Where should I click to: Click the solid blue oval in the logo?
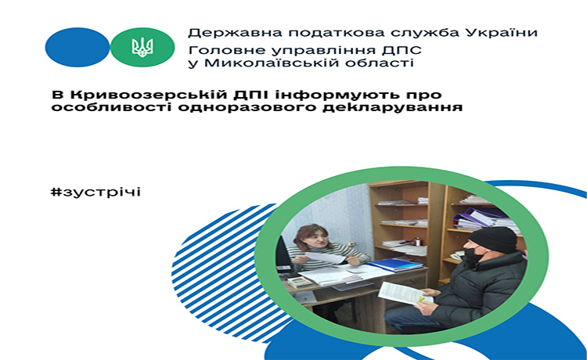point(77,47)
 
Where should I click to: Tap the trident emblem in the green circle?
point(142,48)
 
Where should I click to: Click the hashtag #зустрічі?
point(95,192)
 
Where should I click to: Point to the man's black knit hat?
point(492,239)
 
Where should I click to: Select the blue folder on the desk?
point(395,265)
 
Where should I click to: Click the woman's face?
point(316,239)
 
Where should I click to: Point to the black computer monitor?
point(283,254)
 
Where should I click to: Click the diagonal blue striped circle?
point(229,273)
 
